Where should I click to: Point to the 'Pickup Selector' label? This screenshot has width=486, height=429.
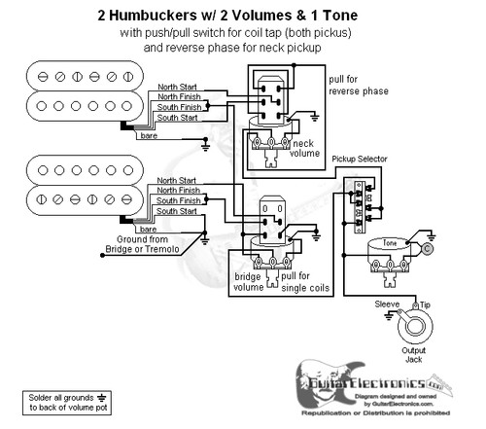[x=361, y=158]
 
